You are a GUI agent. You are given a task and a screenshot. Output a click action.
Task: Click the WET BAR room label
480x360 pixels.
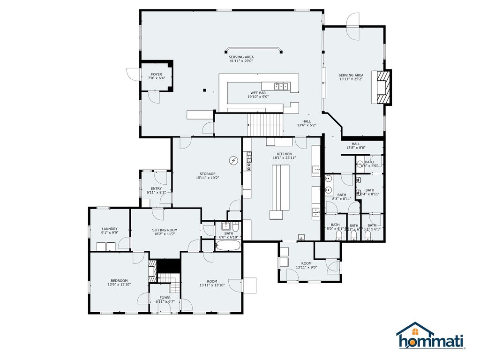[x=258, y=93]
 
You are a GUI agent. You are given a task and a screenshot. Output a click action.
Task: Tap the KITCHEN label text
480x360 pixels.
[x=284, y=154]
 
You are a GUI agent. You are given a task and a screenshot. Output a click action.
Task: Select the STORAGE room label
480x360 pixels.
[x=207, y=174]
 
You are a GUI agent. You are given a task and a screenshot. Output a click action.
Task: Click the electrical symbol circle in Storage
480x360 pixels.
[x=233, y=161]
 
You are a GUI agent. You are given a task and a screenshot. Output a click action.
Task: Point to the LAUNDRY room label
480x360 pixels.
[x=109, y=229]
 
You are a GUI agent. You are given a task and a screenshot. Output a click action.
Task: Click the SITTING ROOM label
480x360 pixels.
[x=165, y=230]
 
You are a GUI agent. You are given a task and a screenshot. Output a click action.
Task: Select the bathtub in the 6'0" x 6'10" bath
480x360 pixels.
[x=228, y=245]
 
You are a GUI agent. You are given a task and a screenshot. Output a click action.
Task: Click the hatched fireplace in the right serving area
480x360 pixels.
[x=383, y=87]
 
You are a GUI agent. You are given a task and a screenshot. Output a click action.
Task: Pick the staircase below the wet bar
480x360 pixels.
[x=266, y=125]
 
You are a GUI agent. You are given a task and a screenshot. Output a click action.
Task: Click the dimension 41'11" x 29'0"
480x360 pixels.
[x=241, y=61]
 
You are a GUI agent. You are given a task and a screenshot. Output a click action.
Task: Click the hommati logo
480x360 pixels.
[x=430, y=336]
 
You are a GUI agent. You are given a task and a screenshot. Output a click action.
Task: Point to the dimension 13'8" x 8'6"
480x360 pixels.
[x=356, y=148]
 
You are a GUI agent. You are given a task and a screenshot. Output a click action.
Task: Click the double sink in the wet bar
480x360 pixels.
[x=281, y=85]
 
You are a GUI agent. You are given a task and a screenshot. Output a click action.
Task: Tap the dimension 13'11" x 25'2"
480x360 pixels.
[x=351, y=79]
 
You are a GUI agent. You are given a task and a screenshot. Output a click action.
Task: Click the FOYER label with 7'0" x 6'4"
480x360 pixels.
[x=156, y=74]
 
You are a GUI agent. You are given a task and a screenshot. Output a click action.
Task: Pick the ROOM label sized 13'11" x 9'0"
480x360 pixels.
[x=307, y=263]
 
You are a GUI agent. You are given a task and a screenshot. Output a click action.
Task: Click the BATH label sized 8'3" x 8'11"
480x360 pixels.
[x=342, y=195]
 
